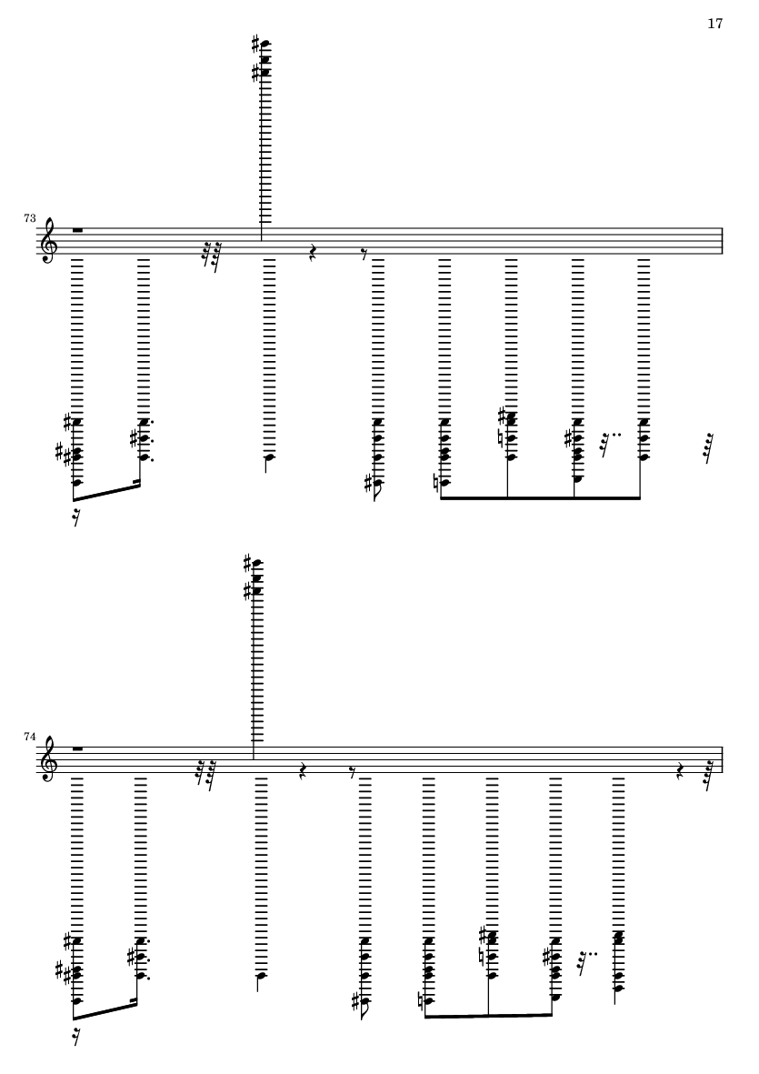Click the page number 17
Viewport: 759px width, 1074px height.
(714, 25)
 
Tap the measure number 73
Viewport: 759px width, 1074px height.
(30, 219)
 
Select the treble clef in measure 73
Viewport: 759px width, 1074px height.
(47, 242)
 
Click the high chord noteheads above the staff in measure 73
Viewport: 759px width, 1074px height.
(265, 57)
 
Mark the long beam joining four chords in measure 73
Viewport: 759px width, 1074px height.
(541, 497)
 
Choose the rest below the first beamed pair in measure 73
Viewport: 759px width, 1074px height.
(75, 518)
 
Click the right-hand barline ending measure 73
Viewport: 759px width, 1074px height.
(722, 241)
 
